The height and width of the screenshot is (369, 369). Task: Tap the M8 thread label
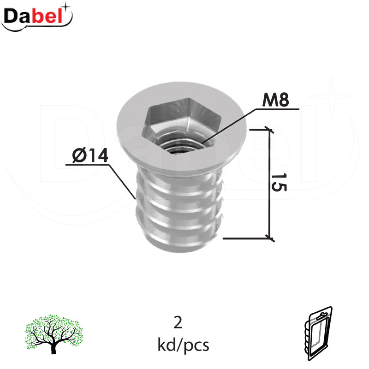tap(275, 100)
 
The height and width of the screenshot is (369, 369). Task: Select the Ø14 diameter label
tap(90, 155)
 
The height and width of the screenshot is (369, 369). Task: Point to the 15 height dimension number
tap(279, 182)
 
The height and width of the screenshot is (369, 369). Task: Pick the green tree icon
tap(54, 333)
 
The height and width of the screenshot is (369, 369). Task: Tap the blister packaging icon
tap(318, 333)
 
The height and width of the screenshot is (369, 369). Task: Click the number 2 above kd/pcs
tap(178, 322)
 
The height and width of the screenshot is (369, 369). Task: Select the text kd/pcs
tap(183, 345)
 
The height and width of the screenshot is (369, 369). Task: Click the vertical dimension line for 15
tap(269, 184)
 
